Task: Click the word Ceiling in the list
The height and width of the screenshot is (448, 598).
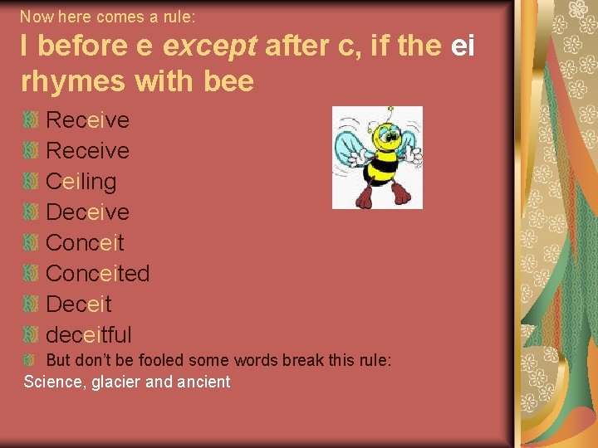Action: pos(81,182)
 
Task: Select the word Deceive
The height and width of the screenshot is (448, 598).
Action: pos(87,212)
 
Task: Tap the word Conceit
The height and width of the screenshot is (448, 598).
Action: pos(85,243)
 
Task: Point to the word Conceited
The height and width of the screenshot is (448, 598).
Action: pos(97,274)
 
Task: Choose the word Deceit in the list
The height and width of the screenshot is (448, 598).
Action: pos(78,304)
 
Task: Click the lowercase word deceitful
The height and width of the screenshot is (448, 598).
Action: pos(88,335)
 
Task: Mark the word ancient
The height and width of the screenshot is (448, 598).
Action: pos(205,382)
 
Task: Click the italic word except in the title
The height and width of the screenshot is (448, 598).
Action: pos(209,46)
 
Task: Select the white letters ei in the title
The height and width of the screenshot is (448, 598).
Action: pos(463,46)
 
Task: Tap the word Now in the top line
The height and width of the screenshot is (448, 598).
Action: pos(34,16)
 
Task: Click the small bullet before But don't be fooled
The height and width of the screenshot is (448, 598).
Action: pos(31,361)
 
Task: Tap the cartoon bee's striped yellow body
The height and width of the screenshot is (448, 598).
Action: pos(383,163)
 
